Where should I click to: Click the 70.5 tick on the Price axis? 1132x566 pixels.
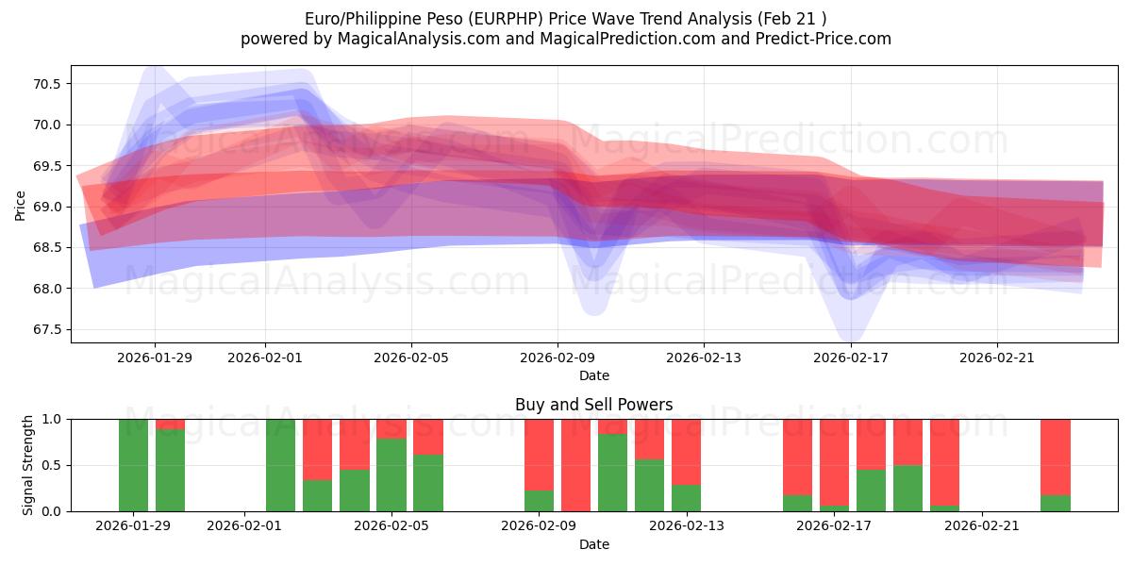(x=47, y=84)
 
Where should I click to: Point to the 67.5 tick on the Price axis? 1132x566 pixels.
(x=47, y=329)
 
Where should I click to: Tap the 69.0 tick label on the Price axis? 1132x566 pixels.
(x=47, y=207)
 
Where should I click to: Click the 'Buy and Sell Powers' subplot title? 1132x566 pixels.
(x=593, y=405)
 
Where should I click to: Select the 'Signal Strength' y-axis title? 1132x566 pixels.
(x=28, y=465)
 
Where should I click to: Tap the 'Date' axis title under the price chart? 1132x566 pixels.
(x=593, y=375)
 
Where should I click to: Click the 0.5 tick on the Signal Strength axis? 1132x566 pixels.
(x=49, y=465)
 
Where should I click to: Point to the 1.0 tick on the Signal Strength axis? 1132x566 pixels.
(x=49, y=419)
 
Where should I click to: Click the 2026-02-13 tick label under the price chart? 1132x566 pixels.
(x=703, y=358)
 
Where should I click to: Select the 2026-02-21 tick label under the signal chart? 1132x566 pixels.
(x=982, y=525)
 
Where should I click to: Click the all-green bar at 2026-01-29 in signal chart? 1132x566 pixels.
(x=134, y=465)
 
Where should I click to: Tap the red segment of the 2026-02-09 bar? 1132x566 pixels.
(x=539, y=454)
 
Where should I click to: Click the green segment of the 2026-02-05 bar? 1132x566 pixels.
(x=391, y=474)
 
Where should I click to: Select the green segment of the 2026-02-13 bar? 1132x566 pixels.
(x=686, y=498)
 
